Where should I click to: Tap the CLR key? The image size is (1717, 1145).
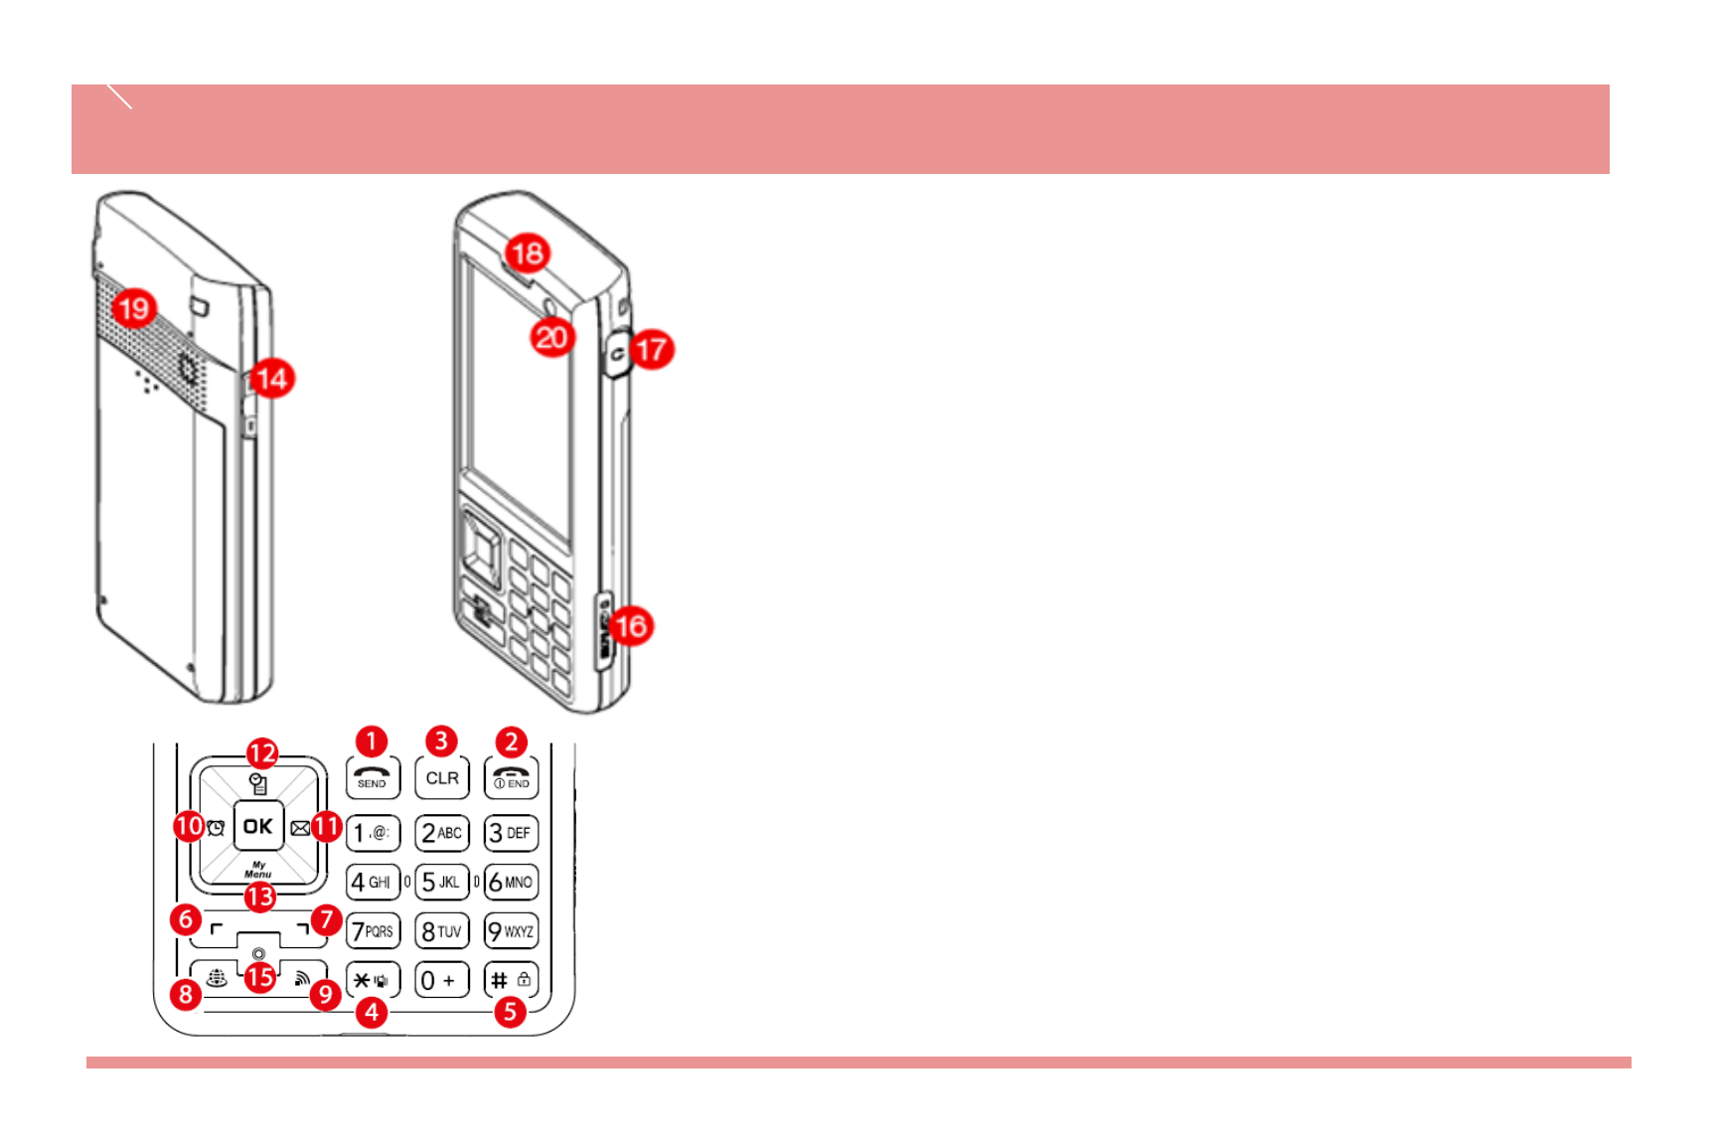click(x=442, y=777)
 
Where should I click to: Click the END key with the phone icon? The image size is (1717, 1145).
click(x=512, y=777)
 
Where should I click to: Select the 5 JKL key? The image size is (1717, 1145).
click(x=441, y=882)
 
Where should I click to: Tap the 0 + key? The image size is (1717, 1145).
click(x=441, y=981)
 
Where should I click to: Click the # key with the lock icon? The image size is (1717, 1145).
click(x=512, y=981)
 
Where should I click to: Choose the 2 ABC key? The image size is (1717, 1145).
click(x=441, y=833)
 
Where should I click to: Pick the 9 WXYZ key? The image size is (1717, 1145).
click(x=512, y=931)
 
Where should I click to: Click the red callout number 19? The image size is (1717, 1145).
click(x=134, y=308)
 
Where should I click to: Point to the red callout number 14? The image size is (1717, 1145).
click(x=271, y=379)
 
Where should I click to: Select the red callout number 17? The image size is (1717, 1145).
click(x=652, y=349)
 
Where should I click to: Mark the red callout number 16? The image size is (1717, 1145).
click(x=631, y=626)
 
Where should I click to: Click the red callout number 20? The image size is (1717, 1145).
click(x=551, y=338)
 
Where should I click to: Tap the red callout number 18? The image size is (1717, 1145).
click(x=528, y=252)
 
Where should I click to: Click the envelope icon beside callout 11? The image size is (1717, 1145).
click(x=299, y=827)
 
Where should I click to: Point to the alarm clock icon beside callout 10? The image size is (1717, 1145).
click(x=216, y=827)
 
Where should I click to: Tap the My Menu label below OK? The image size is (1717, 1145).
click(x=258, y=870)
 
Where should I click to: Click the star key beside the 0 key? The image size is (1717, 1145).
click(x=373, y=981)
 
